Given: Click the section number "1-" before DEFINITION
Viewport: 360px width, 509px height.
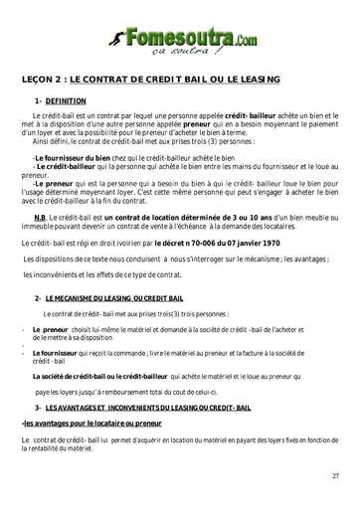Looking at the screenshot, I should (x=39, y=100).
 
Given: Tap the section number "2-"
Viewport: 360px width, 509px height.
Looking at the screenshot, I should (x=38, y=298).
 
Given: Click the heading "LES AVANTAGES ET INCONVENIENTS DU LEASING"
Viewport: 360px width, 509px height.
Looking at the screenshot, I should (x=140, y=408).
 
